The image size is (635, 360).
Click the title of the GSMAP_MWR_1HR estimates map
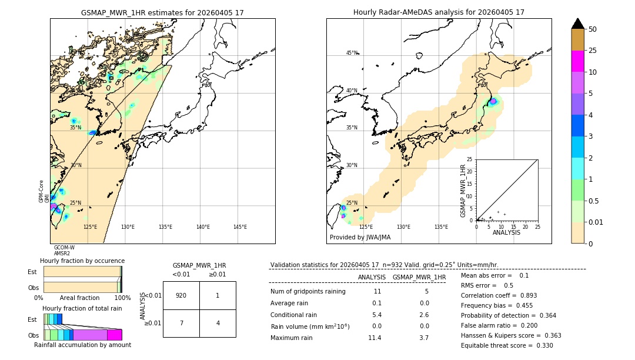(162, 12)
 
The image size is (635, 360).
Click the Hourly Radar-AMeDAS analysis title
(439, 12)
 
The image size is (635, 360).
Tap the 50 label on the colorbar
(593, 29)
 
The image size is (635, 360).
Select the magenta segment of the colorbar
(577, 61)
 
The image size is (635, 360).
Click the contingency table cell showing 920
(181, 295)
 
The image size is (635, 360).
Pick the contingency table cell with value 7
(181, 323)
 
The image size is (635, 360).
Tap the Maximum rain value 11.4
(375, 338)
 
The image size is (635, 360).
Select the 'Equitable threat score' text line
(507, 345)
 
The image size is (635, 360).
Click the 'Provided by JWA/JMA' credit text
(360, 237)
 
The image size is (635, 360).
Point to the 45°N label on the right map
(352, 53)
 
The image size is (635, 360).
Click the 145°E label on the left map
(240, 227)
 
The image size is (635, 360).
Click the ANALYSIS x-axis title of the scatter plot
(506, 232)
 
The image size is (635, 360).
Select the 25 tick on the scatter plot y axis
(470, 159)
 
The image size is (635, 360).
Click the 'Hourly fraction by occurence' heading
(82, 261)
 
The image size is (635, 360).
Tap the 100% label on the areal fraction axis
(122, 298)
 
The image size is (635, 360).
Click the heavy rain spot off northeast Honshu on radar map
(493, 101)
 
